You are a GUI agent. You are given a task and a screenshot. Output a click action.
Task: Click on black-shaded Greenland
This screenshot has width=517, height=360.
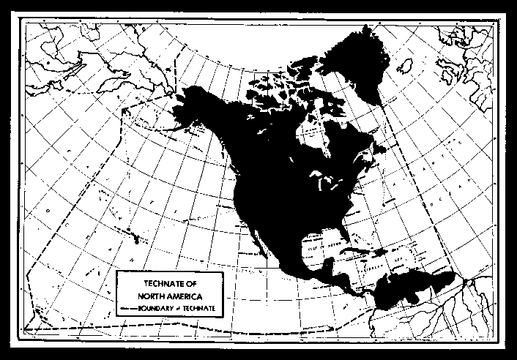(x=352, y=62)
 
